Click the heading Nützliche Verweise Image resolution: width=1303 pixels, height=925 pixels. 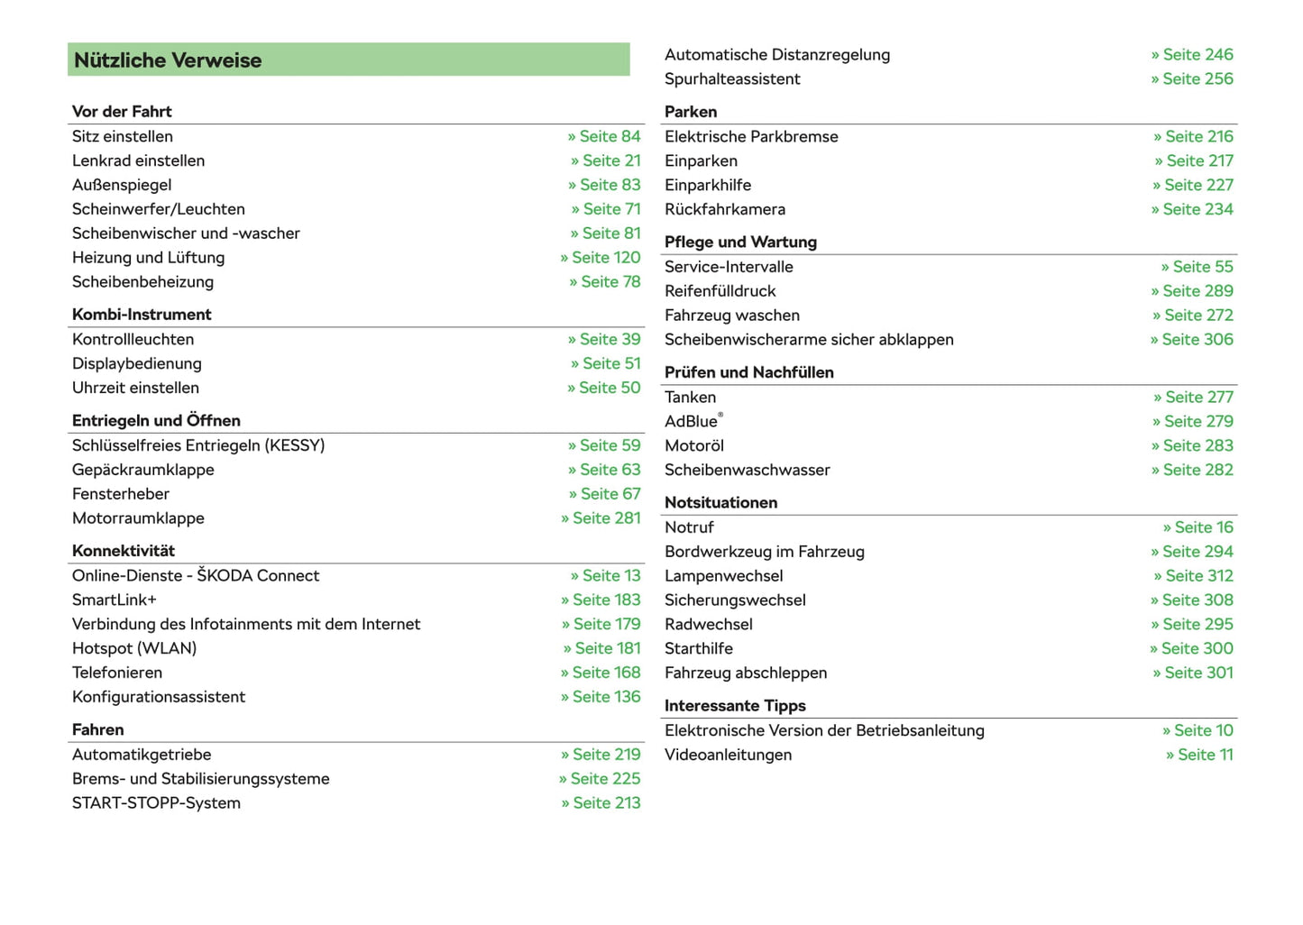(168, 60)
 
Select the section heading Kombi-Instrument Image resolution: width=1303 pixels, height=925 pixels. (142, 315)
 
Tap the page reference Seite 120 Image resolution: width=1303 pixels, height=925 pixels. (601, 258)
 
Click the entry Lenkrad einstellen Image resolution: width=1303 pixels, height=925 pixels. (138, 160)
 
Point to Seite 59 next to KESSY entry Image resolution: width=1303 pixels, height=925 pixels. (604, 445)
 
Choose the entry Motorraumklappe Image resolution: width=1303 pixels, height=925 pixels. (138, 518)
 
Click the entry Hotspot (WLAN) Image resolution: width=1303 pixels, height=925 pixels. (134, 648)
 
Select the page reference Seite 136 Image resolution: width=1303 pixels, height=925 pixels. (601, 697)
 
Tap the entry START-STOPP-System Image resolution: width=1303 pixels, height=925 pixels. (156, 803)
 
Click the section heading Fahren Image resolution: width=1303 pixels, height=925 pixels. (98, 730)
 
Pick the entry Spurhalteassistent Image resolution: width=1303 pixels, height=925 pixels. (732, 79)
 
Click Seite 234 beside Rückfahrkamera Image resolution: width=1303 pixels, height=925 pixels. (1192, 209)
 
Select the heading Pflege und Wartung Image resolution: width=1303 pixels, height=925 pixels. (740, 243)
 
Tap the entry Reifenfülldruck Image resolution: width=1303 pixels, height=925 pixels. (720, 291)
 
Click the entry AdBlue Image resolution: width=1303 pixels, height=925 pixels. (692, 422)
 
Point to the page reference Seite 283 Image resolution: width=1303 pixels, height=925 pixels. (1192, 446)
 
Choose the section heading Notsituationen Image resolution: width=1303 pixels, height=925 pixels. (720, 503)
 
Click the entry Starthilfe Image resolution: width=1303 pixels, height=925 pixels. (699, 649)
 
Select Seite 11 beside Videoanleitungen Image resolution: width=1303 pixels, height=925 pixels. (1199, 756)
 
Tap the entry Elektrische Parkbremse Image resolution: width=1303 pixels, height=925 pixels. (751, 137)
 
